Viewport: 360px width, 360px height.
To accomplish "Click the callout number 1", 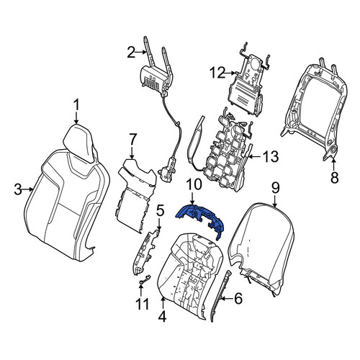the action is pyautogui.click(x=76, y=105).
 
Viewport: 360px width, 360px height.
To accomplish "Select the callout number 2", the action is pyautogui.click(x=131, y=52).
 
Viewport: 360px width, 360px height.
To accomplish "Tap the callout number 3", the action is pyautogui.click(x=18, y=189).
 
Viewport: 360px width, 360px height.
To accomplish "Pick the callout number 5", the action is pyautogui.click(x=161, y=210).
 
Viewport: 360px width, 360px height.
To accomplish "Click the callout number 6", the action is pyautogui.click(x=238, y=299).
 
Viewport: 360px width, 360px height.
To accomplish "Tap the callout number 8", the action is pyautogui.click(x=334, y=177).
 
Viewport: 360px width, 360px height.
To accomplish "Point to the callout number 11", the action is pyautogui.click(x=143, y=304).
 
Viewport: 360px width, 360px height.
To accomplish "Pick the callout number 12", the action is pyautogui.click(x=217, y=73).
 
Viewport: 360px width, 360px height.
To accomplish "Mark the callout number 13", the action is pyautogui.click(x=270, y=157).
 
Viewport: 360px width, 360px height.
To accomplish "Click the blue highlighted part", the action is pyautogui.click(x=201, y=215).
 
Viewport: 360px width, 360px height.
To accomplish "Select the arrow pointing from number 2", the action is pyautogui.click(x=141, y=52).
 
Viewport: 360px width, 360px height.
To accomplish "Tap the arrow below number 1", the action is pyautogui.click(x=76, y=119).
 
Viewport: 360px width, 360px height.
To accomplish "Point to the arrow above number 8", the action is pyautogui.click(x=333, y=164).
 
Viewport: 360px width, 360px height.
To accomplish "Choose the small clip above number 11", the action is pyautogui.click(x=145, y=279).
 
